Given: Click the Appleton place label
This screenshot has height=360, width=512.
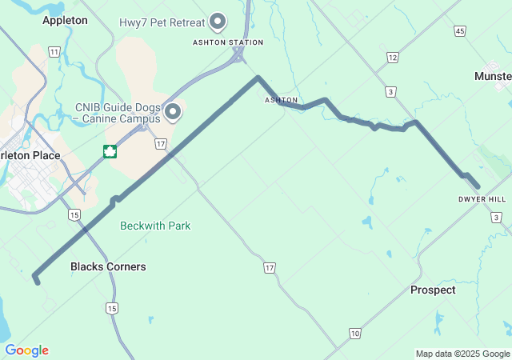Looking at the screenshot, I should click(x=65, y=20).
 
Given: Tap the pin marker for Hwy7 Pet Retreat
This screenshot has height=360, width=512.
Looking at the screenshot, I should click(x=218, y=22).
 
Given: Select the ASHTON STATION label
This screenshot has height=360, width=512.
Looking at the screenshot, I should click(x=228, y=42).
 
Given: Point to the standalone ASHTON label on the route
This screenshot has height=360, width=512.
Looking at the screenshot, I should click(x=281, y=100).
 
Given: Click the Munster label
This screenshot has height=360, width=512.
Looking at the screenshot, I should click(x=492, y=76).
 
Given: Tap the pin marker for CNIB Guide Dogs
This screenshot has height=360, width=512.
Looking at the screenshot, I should click(x=172, y=111).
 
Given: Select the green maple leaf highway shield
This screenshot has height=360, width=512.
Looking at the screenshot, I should click(x=110, y=151).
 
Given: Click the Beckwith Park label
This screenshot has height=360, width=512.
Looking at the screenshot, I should click(x=155, y=226).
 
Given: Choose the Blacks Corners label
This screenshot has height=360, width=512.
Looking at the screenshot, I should click(x=108, y=266).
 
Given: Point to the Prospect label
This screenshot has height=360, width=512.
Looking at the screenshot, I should click(x=433, y=290).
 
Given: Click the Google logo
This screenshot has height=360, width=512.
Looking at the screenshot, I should click(x=26, y=350).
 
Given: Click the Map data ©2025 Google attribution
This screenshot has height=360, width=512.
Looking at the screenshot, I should click(x=462, y=354).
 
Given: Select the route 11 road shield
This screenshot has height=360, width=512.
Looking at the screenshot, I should click(x=54, y=51).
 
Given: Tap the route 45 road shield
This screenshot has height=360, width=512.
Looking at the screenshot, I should click(x=459, y=30).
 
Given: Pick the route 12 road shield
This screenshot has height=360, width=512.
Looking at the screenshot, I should click(x=392, y=57).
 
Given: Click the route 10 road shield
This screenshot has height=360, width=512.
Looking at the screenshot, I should click(x=354, y=332).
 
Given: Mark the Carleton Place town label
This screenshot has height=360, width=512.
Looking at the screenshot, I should click(x=30, y=155).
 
